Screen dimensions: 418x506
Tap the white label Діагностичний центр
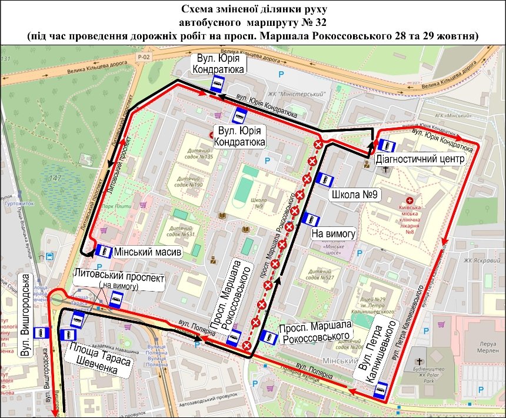point(420,159)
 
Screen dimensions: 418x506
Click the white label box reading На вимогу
point(334,233)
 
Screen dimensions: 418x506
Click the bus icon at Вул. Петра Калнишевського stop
point(381,390)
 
